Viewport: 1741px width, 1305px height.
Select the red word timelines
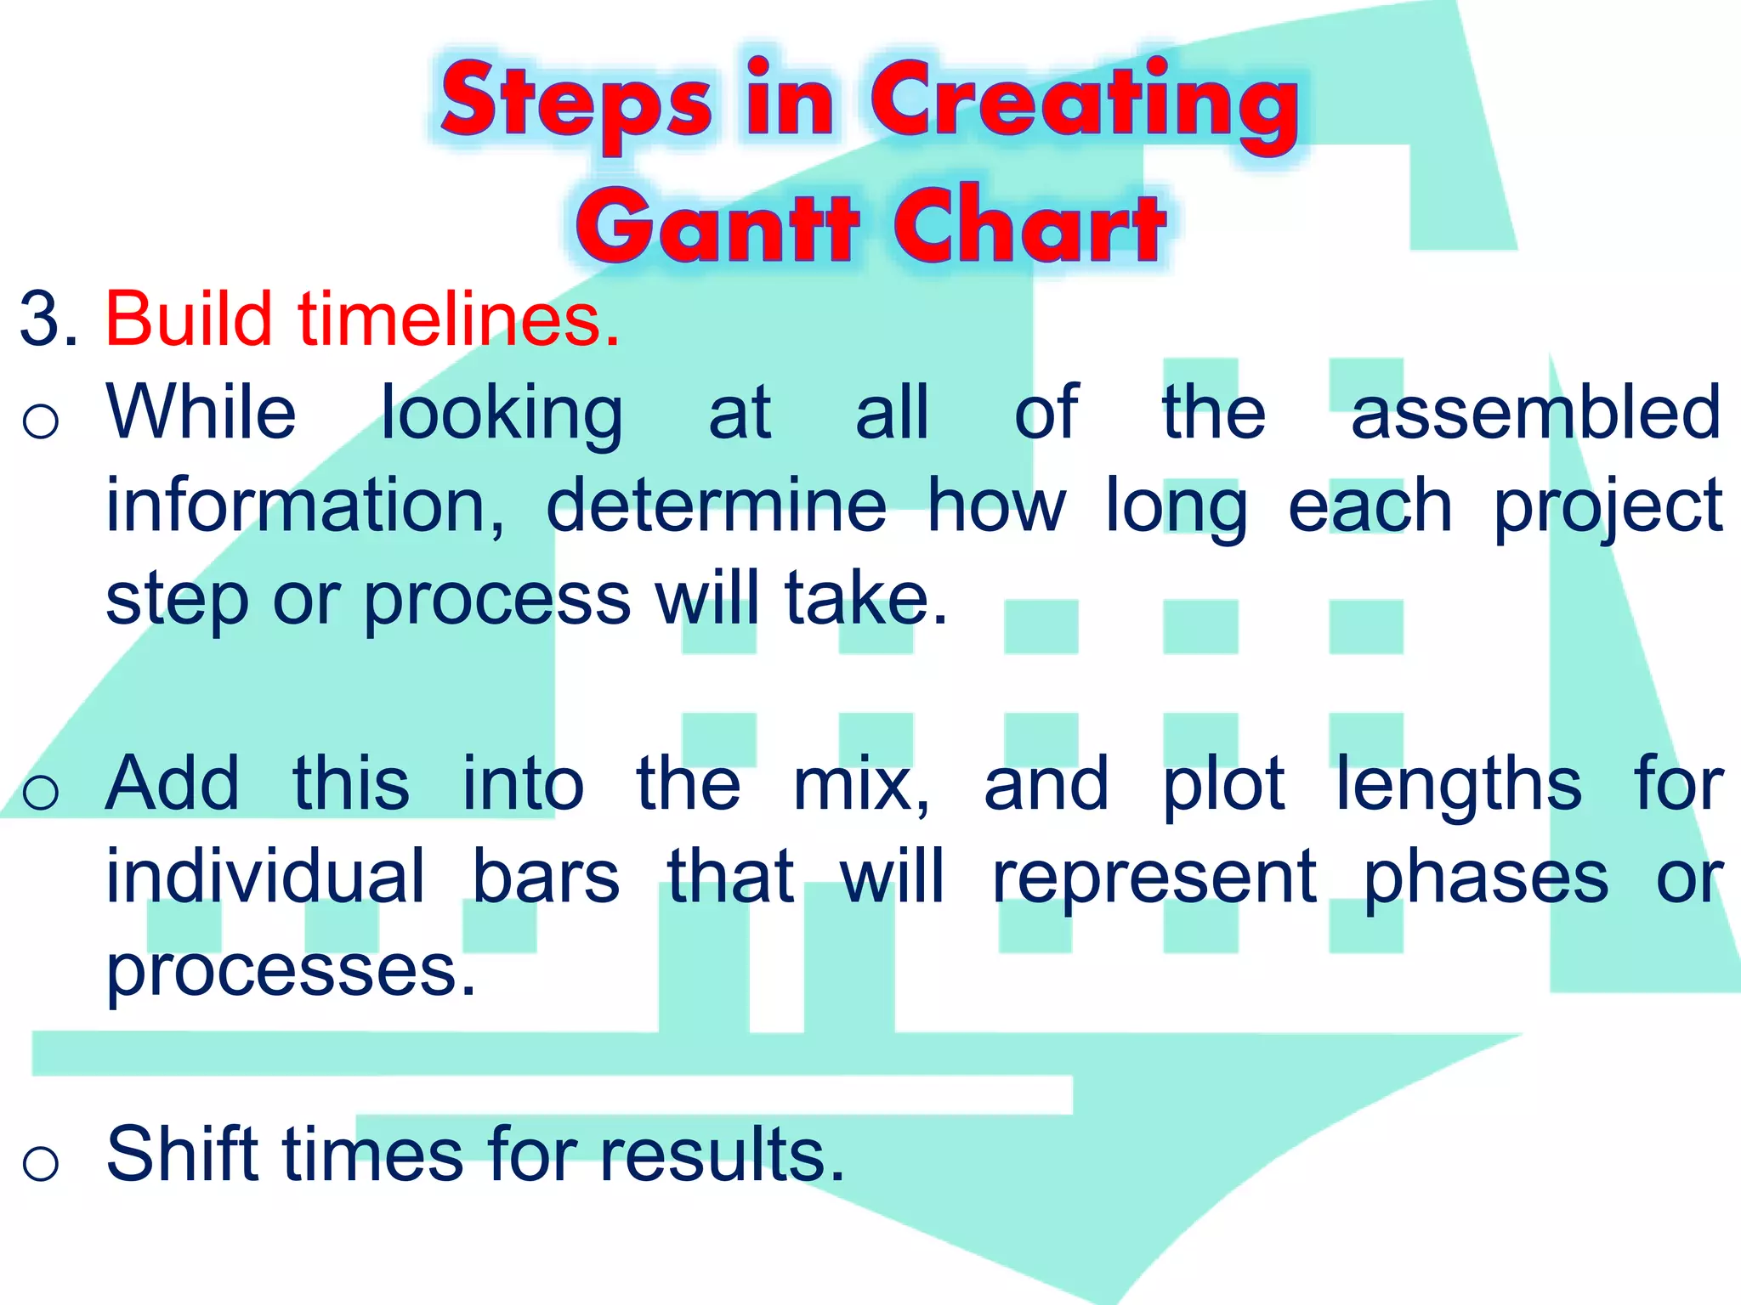pyautogui.click(x=459, y=319)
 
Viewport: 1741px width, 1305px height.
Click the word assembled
pyautogui.click(x=1535, y=413)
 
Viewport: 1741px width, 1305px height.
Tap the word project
pyautogui.click(x=1608, y=508)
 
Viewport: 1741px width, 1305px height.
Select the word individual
pyautogui.click(x=264, y=877)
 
